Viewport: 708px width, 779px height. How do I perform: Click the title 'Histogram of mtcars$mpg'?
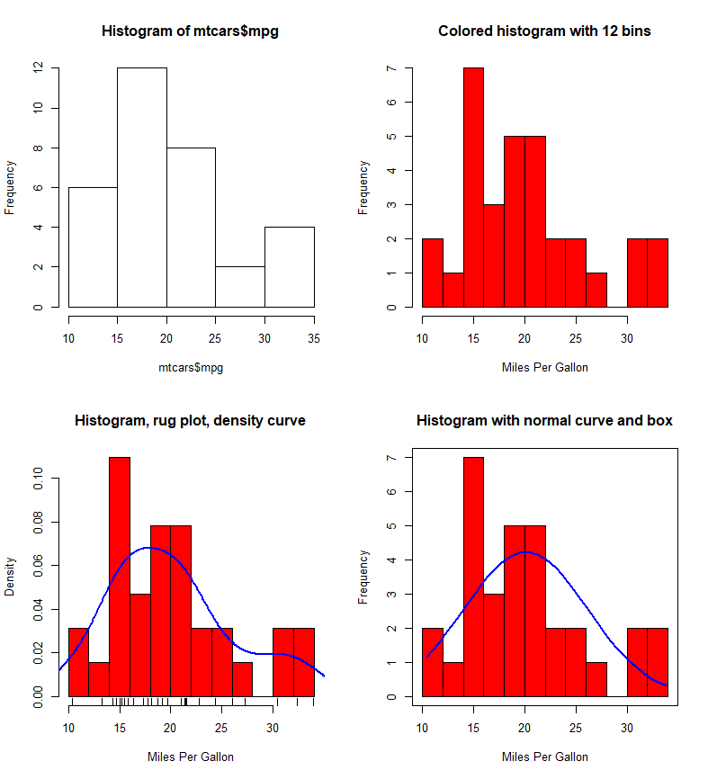191,31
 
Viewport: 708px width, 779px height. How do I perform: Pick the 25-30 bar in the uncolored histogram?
240,287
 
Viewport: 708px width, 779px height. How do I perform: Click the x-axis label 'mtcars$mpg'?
191,367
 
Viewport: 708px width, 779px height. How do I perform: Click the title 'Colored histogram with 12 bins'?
544,31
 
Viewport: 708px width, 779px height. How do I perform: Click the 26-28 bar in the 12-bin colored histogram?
596,290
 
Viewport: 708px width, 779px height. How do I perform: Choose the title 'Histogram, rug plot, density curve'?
190,420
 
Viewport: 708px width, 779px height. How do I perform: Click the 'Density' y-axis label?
10,576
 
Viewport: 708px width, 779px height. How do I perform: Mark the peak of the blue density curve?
148,547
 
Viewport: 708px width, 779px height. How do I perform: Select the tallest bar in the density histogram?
120,576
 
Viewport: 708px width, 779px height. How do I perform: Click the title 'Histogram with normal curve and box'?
544,420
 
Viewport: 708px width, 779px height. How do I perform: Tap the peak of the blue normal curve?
526,552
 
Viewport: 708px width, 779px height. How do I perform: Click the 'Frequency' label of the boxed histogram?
363,577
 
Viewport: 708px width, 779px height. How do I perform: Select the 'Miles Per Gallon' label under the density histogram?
191,757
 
